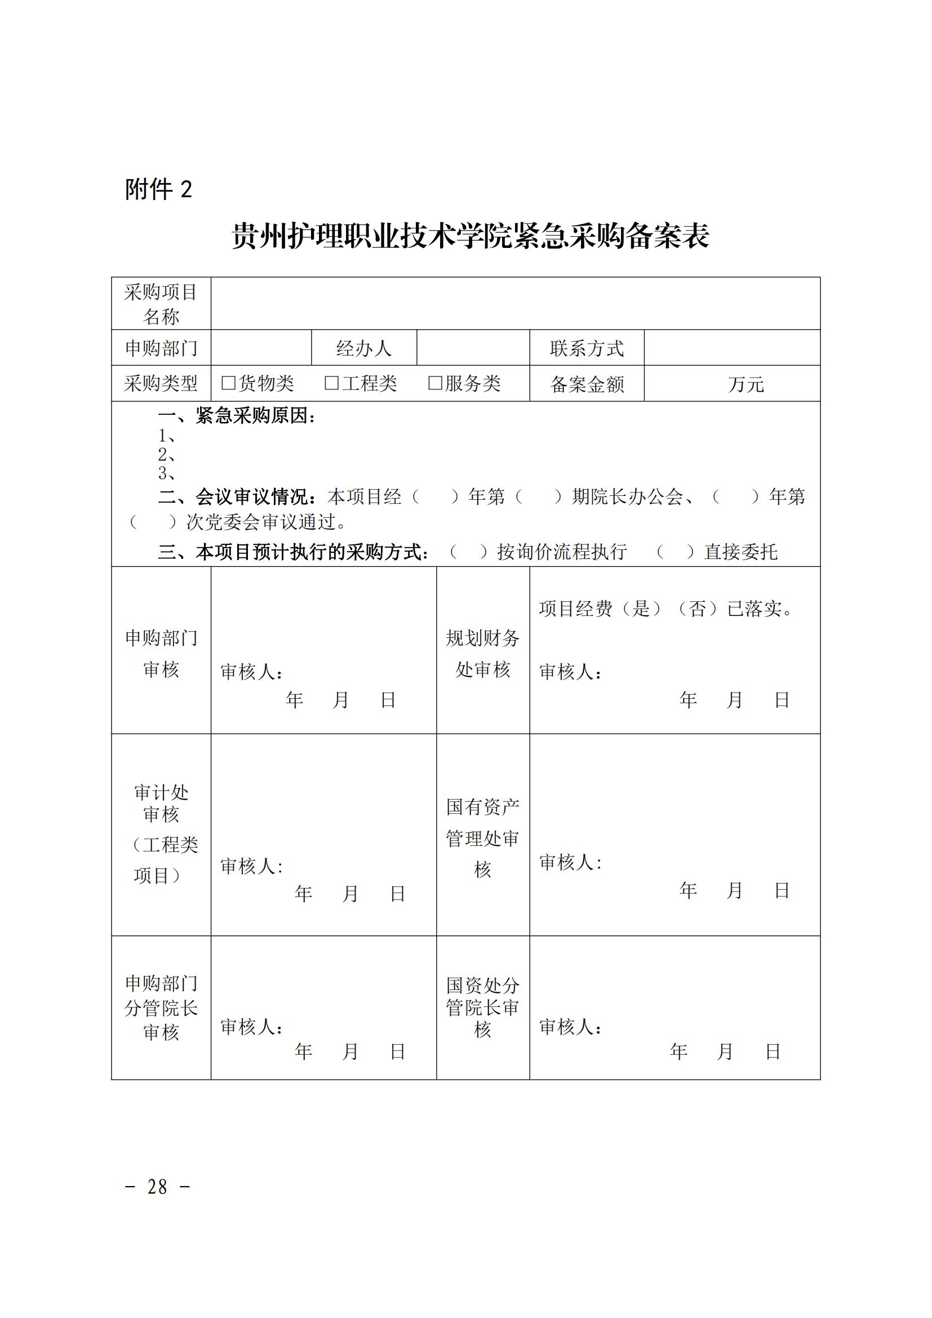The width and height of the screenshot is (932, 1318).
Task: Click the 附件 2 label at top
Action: pos(158,189)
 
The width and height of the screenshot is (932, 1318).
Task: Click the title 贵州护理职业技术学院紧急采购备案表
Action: pos(470,236)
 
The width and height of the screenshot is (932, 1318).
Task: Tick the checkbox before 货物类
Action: pos(228,383)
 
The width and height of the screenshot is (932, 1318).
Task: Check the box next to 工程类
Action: pos(332,383)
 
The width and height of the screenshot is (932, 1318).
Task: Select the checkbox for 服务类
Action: pos(435,383)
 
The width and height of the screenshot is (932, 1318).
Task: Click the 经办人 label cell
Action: pos(364,348)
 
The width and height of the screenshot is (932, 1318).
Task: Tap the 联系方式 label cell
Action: pos(587,348)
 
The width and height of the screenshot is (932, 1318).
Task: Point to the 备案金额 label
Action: pos(587,384)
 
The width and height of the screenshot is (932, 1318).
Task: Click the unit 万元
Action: pos(745,384)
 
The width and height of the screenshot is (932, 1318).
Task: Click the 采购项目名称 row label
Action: pos(161,304)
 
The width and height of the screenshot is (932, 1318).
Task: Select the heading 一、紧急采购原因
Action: pos(237,416)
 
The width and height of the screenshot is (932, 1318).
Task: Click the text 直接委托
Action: pos(740,552)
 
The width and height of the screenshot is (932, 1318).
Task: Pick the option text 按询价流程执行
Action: pos(561,552)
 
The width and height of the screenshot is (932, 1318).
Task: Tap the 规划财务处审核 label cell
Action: pos(483,653)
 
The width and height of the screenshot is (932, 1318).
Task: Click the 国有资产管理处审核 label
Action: pos(483,838)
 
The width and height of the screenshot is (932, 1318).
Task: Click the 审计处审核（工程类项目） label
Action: pos(161,834)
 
